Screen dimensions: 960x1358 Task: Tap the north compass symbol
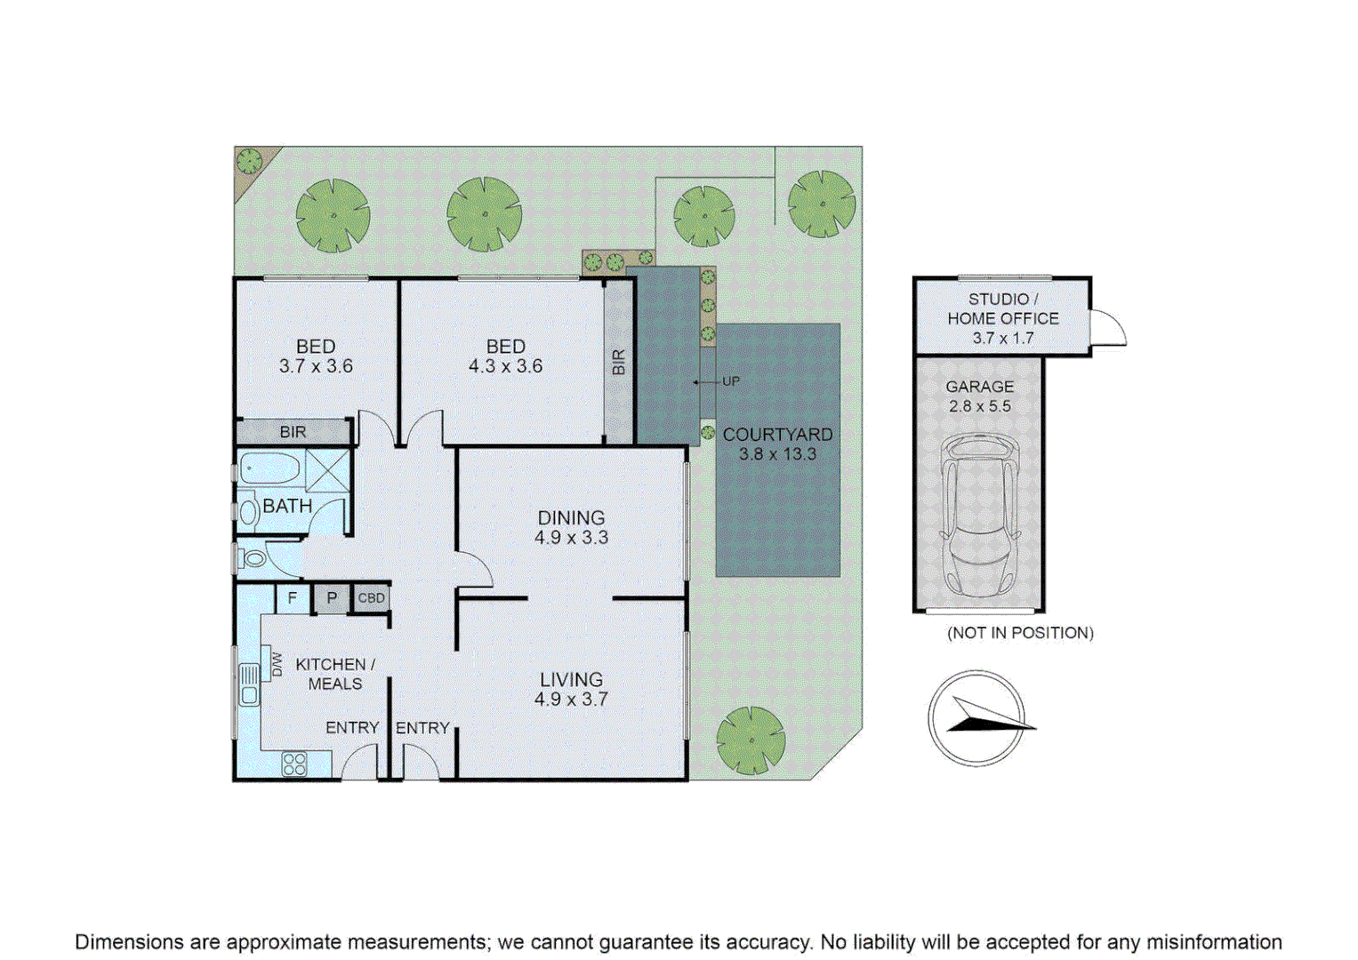coord(976,718)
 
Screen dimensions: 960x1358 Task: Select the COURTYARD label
coord(777,435)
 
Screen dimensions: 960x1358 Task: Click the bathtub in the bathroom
coord(269,468)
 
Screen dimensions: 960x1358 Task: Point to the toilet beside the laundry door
coord(252,559)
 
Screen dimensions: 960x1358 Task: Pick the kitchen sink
coord(249,684)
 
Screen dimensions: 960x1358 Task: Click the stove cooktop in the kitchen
coord(294,764)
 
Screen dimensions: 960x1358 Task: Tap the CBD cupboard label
coord(371,598)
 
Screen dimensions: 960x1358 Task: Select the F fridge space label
coord(293,598)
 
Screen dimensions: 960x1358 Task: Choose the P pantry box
coord(332,598)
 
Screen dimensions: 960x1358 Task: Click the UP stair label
coord(731,381)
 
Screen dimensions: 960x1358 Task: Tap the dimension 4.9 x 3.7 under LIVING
coord(571,700)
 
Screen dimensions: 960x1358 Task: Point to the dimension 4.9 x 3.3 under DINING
coord(571,538)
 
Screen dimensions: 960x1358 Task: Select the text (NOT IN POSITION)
coord(1020,633)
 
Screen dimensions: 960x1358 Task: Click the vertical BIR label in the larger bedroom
coord(618,362)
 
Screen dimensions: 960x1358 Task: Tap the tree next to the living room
coord(751,740)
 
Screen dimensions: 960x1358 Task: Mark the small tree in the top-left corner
coord(249,161)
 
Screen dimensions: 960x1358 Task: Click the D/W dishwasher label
coord(277,664)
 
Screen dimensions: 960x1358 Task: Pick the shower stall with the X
coord(328,471)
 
